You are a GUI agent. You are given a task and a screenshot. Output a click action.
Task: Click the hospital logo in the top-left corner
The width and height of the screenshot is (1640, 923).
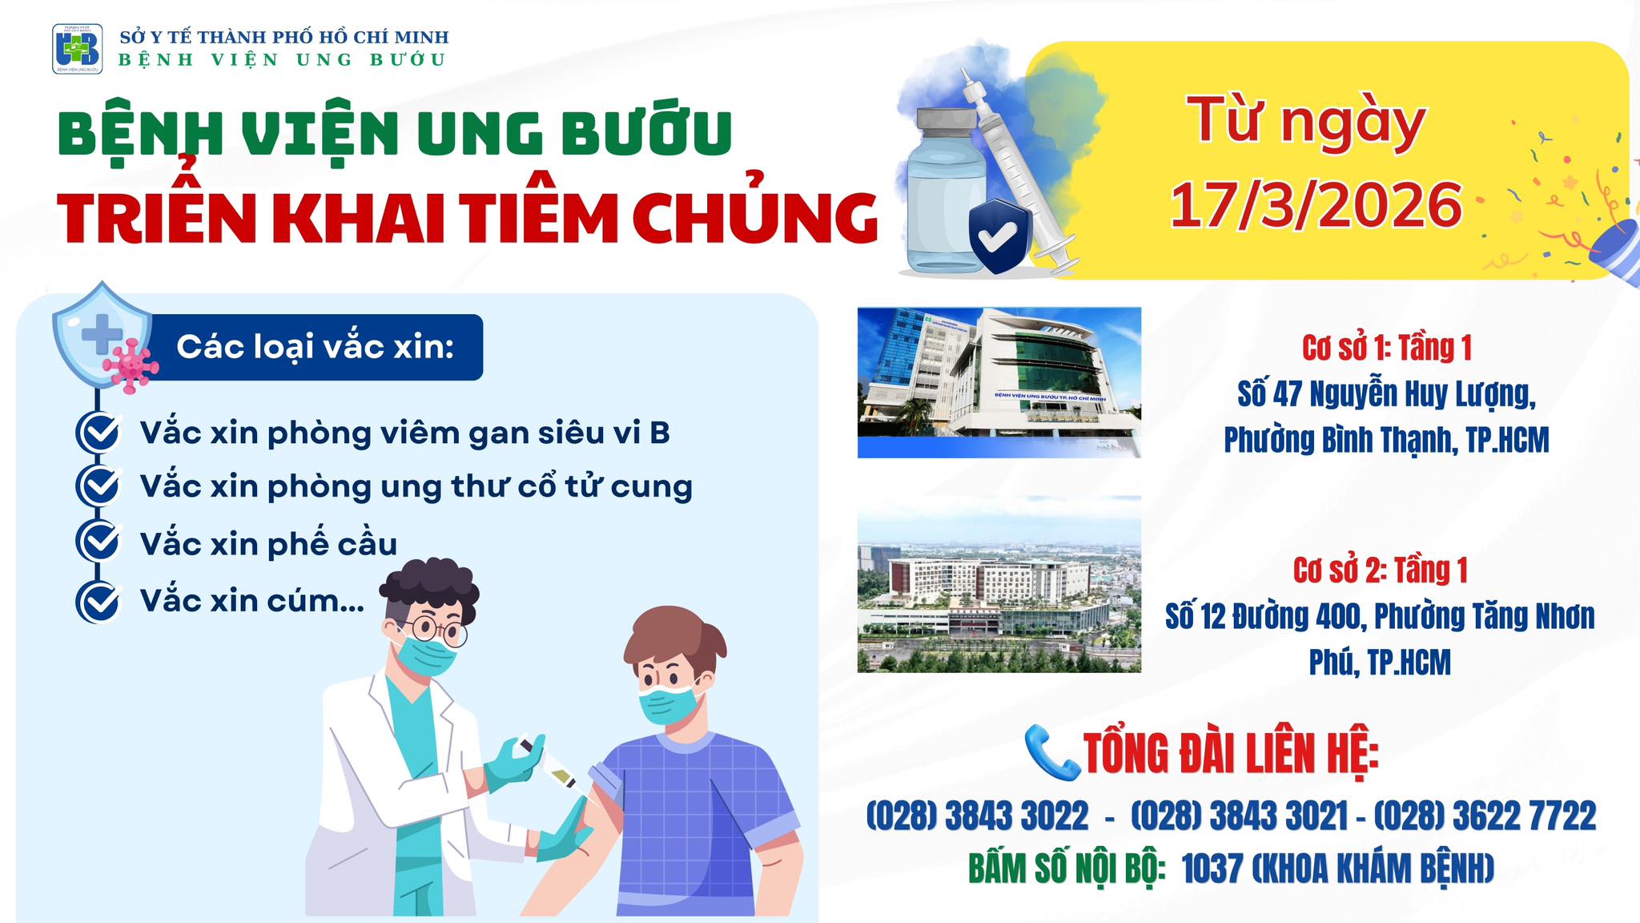pyautogui.click(x=77, y=49)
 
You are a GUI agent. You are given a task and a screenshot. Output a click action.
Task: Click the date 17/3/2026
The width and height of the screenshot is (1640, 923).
pyautogui.click(x=1316, y=206)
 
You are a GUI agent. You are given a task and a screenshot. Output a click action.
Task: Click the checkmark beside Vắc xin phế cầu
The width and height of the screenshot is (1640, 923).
pyautogui.click(x=98, y=542)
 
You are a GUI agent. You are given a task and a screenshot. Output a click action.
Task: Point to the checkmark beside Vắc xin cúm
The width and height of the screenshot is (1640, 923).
pyautogui.click(x=98, y=601)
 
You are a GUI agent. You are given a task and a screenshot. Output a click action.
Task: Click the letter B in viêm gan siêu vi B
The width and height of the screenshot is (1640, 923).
pyautogui.click(x=659, y=433)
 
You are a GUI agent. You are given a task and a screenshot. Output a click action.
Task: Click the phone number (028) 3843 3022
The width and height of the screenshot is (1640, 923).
pyautogui.click(x=977, y=816)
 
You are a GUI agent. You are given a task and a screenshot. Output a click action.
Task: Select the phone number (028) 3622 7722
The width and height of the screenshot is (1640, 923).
pyautogui.click(x=1485, y=816)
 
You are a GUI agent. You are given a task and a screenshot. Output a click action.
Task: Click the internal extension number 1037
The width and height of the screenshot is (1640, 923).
pyautogui.click(x=1212, y=869)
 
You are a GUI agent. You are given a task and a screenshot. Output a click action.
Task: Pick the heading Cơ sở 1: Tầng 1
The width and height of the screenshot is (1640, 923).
pyautogui.click(x=1387, y=348)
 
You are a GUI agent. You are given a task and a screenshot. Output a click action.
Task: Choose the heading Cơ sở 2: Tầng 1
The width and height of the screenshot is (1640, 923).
pyautogui.click(x=1381, y=570)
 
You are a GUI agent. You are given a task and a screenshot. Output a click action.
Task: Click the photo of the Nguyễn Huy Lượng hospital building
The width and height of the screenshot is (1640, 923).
pyautogui.click(x=999, y=382)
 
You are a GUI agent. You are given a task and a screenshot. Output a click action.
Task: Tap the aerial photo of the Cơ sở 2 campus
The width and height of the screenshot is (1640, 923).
pyautogui.click(x=999, y=584)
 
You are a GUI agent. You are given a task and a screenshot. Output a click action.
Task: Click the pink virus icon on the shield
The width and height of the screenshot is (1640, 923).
pyautogui.click(x=131, y=365)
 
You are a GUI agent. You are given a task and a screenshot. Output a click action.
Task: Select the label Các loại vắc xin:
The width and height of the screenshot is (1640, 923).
pyautogui.click(x=316, y=347)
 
